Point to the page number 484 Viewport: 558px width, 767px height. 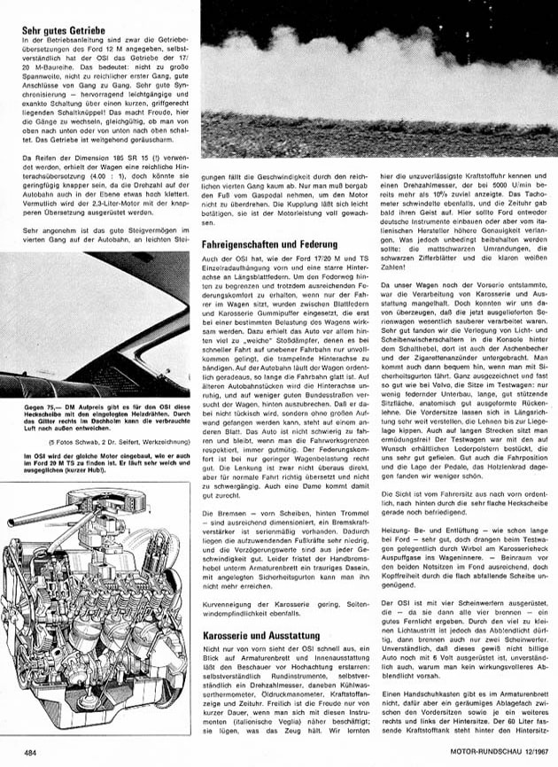(x=29, y=753)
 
